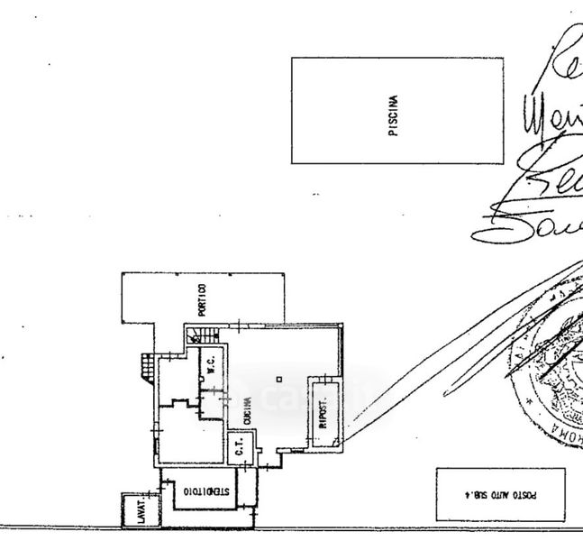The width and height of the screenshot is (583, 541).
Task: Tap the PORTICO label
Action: [x=204, y=300]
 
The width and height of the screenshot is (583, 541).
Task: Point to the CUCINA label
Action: [x=246, y=409]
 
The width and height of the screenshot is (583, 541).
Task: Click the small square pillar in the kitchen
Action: [x=279, y=378]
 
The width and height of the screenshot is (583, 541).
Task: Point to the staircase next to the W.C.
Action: [x=202, y=336]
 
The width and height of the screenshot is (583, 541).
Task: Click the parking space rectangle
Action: [x=499, y=494]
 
